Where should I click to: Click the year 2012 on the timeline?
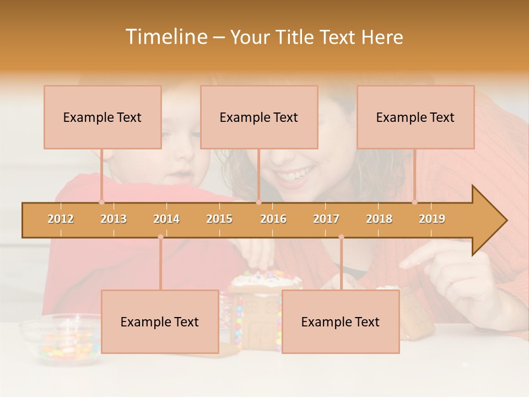coord(61,219)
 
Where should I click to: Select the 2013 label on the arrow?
coord(114,219)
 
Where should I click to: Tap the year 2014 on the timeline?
coord(166,219)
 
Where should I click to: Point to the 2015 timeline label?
coord(219,219)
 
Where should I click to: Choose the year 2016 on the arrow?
coord(273,219)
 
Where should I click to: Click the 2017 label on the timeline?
coord(326,219)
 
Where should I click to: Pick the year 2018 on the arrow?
coord(379,219)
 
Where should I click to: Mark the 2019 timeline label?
coord(432,219)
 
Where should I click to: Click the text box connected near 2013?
coord(102,117)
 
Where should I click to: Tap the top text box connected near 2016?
coord(259,117)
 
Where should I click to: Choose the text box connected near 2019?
coord(415,117)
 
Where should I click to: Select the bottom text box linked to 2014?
coord(160,321)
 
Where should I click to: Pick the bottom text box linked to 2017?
coord(341,321)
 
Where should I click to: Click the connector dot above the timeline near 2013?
coord(101,202)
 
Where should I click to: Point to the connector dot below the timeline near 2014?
coord(160,237)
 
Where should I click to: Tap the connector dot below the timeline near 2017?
coord(341,237)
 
